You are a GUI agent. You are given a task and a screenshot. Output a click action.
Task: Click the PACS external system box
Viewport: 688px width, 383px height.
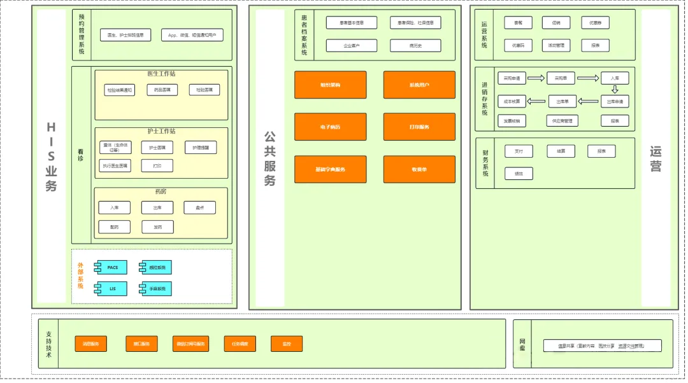point(111,267)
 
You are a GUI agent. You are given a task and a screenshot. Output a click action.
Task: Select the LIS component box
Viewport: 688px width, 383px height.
point(111,289)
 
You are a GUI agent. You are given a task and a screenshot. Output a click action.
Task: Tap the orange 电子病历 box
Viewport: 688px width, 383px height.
point(330,127)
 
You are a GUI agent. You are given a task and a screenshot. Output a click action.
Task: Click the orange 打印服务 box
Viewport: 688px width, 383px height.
point(419,127)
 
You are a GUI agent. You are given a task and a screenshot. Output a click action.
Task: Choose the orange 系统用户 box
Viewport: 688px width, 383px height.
point(419,85)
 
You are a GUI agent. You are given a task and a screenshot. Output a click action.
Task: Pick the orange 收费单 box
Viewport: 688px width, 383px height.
point(419,169)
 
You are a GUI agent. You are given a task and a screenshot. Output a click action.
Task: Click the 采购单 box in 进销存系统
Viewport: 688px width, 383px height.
point(561,79)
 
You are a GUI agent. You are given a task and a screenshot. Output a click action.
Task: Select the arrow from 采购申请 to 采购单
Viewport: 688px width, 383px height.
point(536,78)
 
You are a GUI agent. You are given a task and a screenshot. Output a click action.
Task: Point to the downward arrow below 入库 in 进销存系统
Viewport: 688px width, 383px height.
point(615,90)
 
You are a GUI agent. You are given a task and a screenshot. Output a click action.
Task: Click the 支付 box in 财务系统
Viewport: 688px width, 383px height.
point(519,151)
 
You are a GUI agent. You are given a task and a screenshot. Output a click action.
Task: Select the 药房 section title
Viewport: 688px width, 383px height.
point(161,191)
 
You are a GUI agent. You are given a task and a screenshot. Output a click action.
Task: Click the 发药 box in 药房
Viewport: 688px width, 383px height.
point(157,226)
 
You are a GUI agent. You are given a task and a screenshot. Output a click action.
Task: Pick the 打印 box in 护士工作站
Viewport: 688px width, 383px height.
point(157,166)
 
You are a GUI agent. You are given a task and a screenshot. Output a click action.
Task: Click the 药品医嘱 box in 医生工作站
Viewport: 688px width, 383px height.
point(162,90)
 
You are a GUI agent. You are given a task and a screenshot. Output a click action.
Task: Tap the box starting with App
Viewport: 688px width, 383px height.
point(192,35)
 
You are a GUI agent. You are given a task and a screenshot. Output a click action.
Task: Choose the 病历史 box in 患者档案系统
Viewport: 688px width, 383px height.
point(415,46)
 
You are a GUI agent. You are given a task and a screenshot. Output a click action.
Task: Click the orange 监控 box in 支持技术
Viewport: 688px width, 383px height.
point(287,344)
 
